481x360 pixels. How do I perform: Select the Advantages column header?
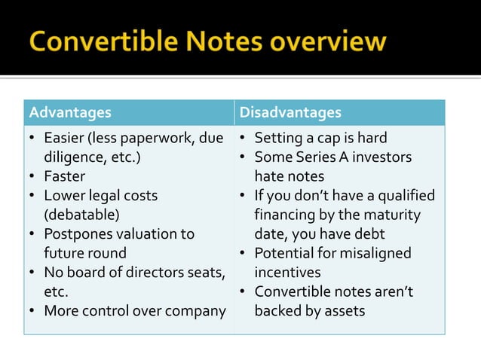(x=69, y=113)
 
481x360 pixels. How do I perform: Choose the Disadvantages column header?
(x=290, y=113)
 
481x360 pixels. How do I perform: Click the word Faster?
(x=64, y=177)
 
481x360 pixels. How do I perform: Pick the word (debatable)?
(x=81, y=215)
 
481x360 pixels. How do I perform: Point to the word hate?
(x=268, y=177)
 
